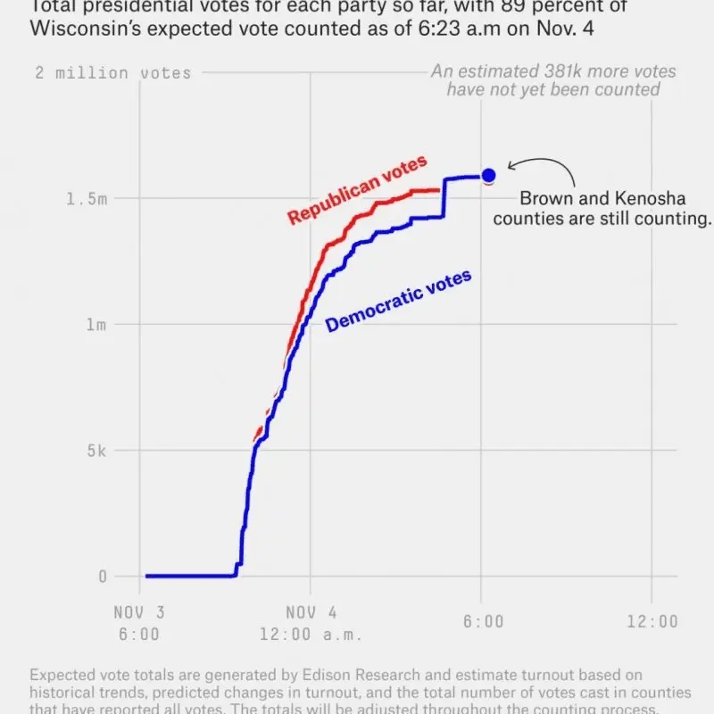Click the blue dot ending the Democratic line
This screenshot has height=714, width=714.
tap(488, 175)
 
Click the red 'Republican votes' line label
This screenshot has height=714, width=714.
tap(357, 189)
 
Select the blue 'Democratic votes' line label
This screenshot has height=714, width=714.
tap(398, 302)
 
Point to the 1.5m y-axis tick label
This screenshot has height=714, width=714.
tap(86, 199)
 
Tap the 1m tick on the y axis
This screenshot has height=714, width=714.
tap(95, 325)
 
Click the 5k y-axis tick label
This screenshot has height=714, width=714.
tap(95, 451)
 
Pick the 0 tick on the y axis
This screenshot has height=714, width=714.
tap(102, 577)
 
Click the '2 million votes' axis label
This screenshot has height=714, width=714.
tap(113, 73)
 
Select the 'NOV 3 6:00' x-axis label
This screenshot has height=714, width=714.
tap(138, 623)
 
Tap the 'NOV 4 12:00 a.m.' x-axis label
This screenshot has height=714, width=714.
tap(311, 623)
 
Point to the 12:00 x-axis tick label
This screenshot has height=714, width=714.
tap(652, 621)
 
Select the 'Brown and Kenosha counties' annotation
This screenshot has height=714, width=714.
tap(602, 209)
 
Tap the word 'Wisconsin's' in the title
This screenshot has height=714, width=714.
tap(81, 28)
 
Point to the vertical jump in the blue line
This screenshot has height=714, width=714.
tap(444, 198)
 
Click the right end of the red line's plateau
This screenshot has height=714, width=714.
tap(438, 190)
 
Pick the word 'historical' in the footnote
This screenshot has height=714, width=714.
tap(62, 693)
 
